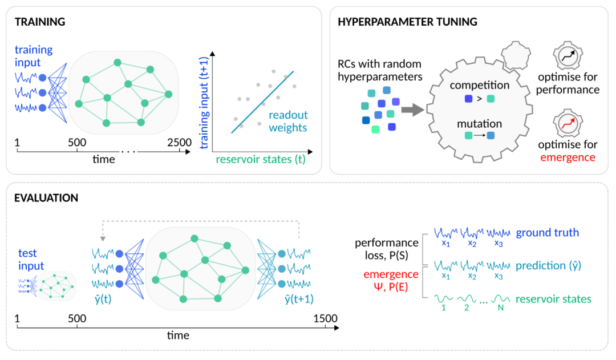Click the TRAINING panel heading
[x=40, y=22]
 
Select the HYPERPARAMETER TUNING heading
[x=407, y=22]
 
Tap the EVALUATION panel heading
[x=46, y=197]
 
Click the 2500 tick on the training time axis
[x=180, y=142]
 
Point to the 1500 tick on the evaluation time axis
[x=325, y=318]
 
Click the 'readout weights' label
[x=288, y=121]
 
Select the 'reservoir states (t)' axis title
[x=261, y=159]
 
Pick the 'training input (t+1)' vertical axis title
[x=204, y=103]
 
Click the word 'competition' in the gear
[x=479, y=85]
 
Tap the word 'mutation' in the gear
[x=479, y=124]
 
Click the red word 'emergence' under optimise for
[x=568, y=157]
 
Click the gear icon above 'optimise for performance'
[x=568, y=56]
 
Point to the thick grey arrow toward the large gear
[x=412, y=110]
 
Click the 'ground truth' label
[x=547, y=233]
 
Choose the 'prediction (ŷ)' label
[x=548, y=266]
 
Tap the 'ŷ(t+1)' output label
[x=299, y=299]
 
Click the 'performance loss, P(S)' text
[x=387, y=249]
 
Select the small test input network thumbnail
[x=47, y=286]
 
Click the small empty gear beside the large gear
[x=516, y=55]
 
